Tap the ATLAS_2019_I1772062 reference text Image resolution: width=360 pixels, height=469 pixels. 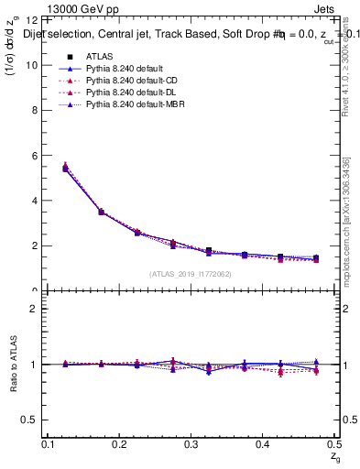coord(191,273)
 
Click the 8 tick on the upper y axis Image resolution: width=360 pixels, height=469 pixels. coord(33,110)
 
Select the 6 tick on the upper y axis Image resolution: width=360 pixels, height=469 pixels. coord(33,156)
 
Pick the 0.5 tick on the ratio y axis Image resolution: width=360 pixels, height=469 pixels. coord(28,420)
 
